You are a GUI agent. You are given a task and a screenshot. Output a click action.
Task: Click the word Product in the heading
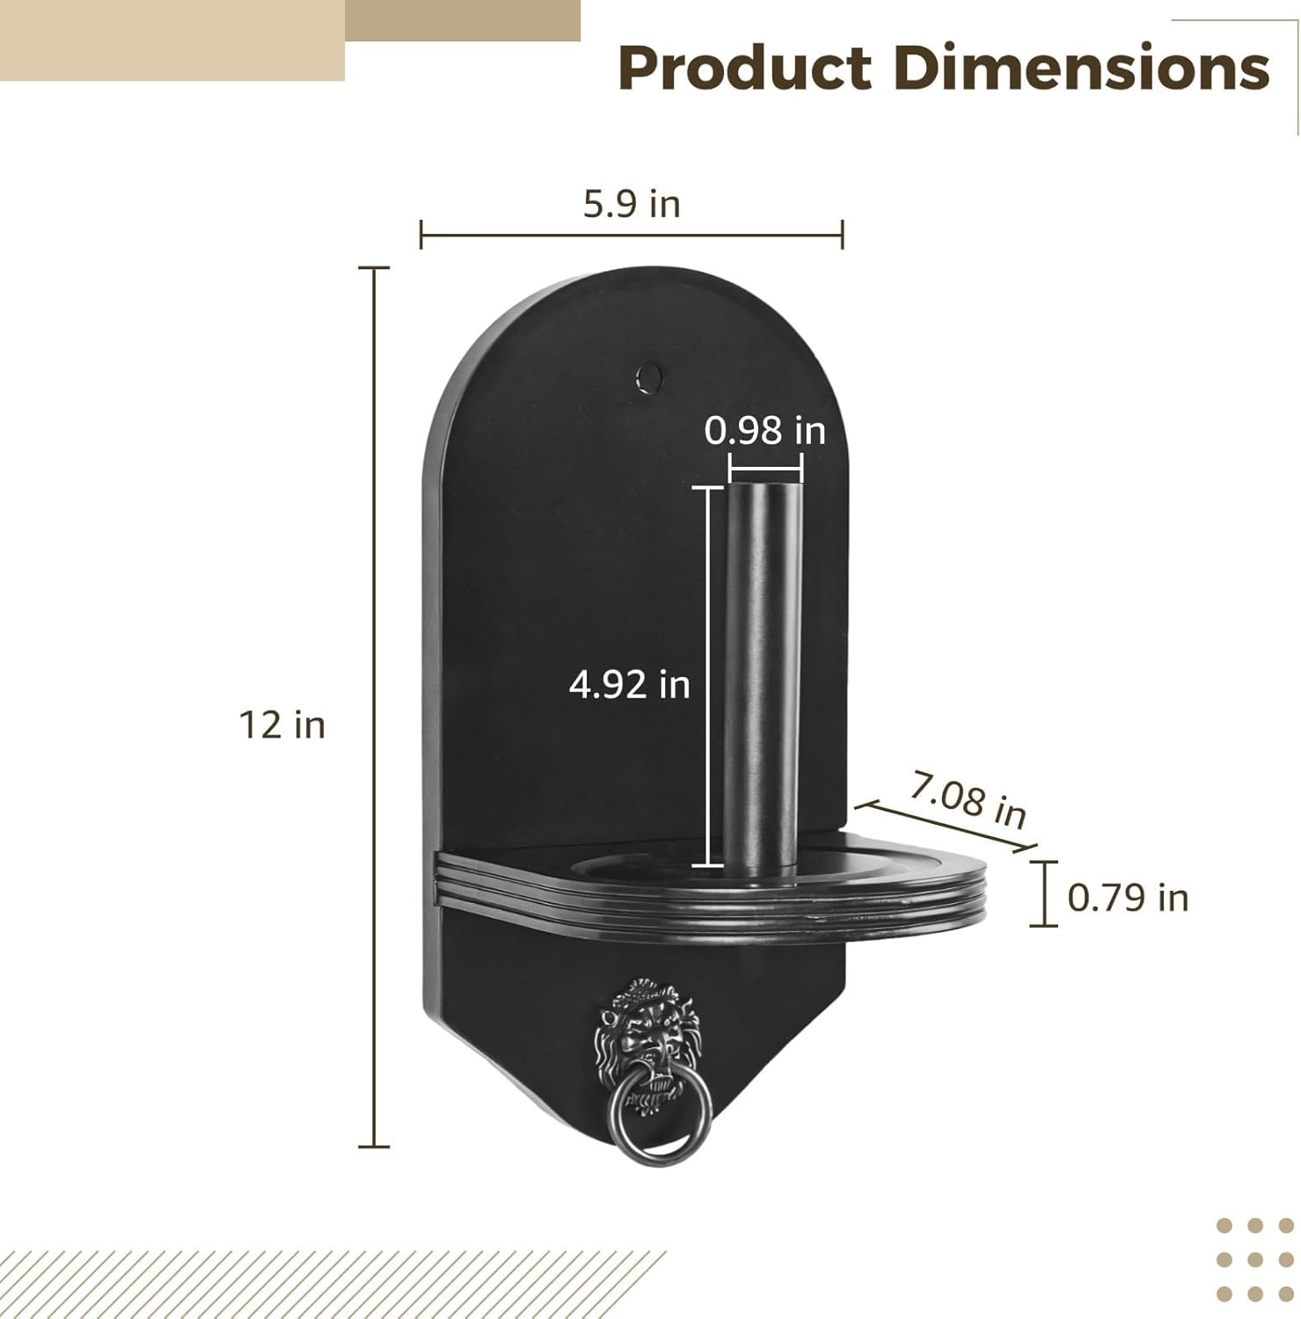click(x=744, y=69)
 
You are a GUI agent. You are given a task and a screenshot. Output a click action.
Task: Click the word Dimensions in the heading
click(x=1082, y=69)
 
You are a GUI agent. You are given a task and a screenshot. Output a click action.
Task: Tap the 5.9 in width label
click(x=632, y=204)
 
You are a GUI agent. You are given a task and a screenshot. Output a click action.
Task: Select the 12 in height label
click(x=282, y=725)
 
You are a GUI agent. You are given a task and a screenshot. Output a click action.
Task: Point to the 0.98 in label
click(x=765, y=431)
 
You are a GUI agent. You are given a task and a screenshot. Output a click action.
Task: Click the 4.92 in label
click(x=629, y=684)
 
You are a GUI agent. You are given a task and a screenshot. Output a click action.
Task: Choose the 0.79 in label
click(x=1128, y=898)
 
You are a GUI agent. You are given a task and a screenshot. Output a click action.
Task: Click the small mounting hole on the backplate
click(x=650, y=375)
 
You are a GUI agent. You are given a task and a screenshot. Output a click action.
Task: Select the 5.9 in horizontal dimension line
click(x=632, y=235)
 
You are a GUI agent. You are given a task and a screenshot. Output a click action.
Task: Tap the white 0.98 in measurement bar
click(x=765, y=468)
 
